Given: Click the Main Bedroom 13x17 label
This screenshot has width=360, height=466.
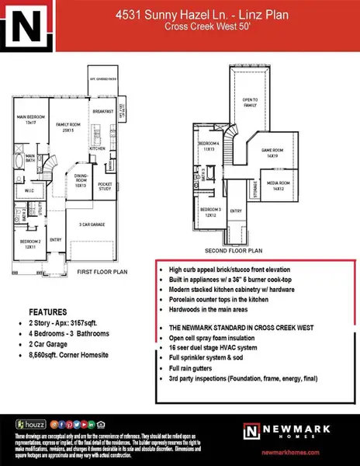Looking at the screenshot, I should (x=27, y=120).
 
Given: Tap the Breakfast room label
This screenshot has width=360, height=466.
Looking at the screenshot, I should (x=104, y=111).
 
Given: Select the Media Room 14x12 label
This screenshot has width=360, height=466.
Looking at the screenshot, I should (x=275, y=187).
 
